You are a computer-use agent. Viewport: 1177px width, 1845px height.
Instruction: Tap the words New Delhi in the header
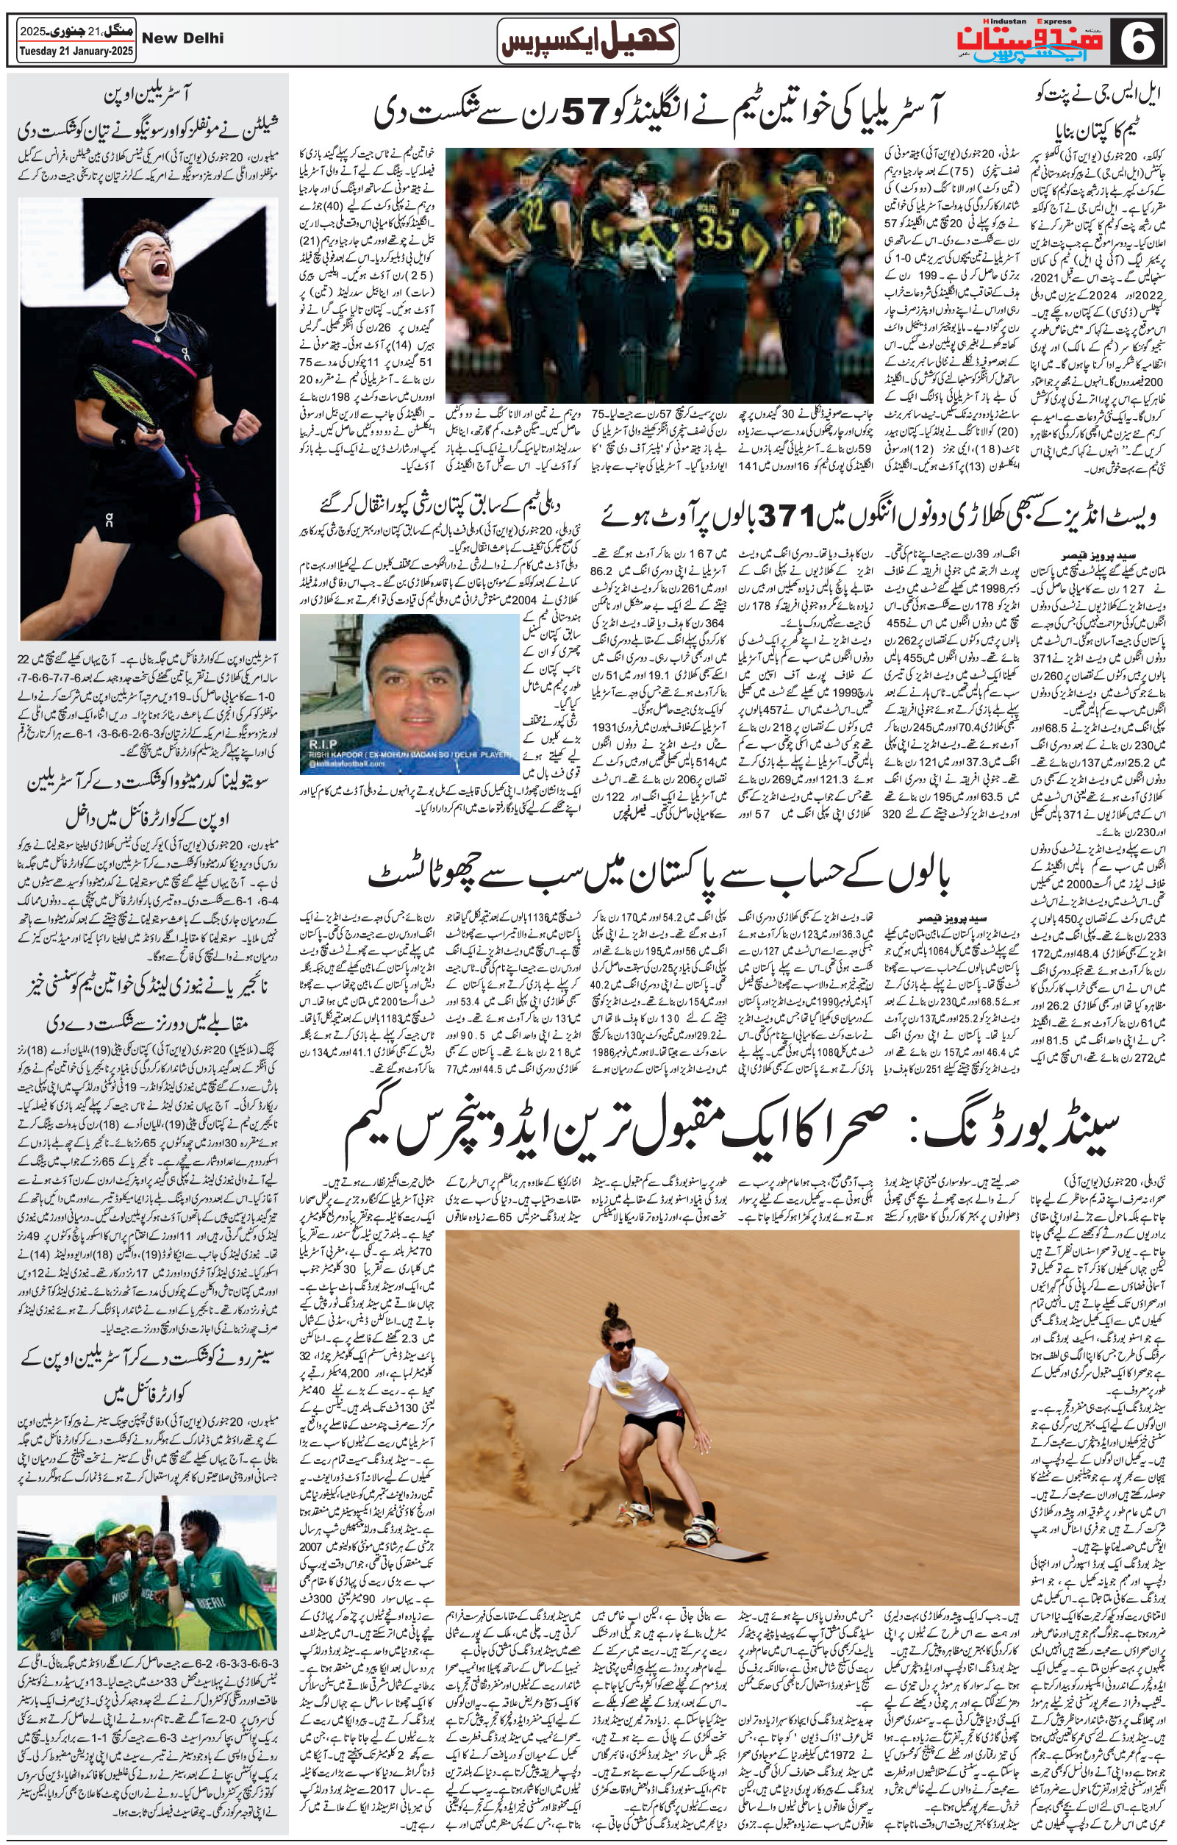click(183, 38)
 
